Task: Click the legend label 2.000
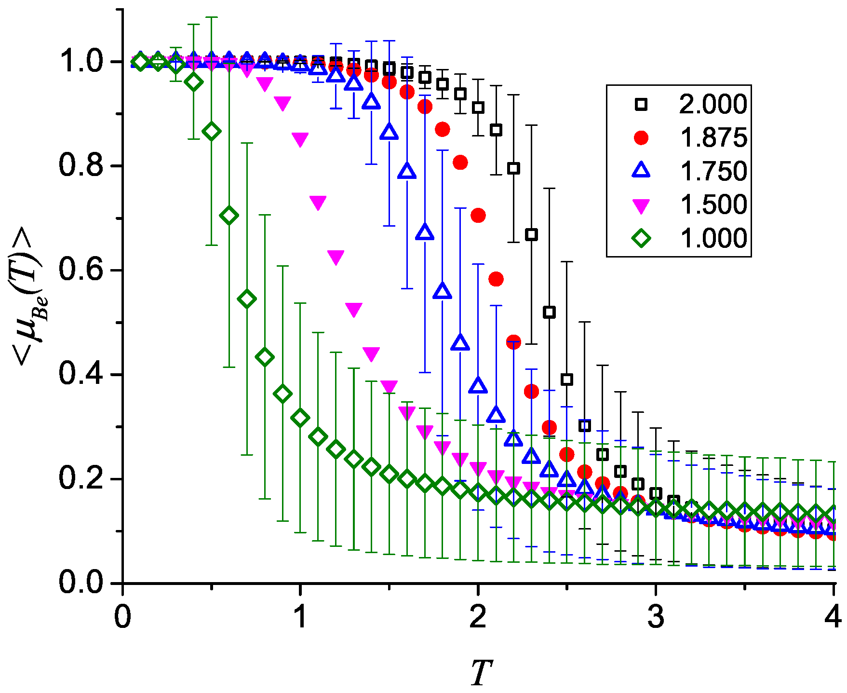tap(713, 104)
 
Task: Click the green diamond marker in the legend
tap(641, 238)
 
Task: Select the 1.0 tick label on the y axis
tap(81, 61)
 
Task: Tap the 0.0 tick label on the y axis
tap(81, 583)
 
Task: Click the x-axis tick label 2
tap(478, 617)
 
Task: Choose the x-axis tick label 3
tap(655, 617)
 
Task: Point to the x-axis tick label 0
tap(123, 617)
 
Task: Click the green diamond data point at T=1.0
tap(300, 418)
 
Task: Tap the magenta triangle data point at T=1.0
tap(300, 139)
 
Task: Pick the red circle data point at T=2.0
tap(478, 215)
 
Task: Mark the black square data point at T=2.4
tap(549, 312)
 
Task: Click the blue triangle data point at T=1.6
tap(407, 171)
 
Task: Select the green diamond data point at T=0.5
tap(212, 131)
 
